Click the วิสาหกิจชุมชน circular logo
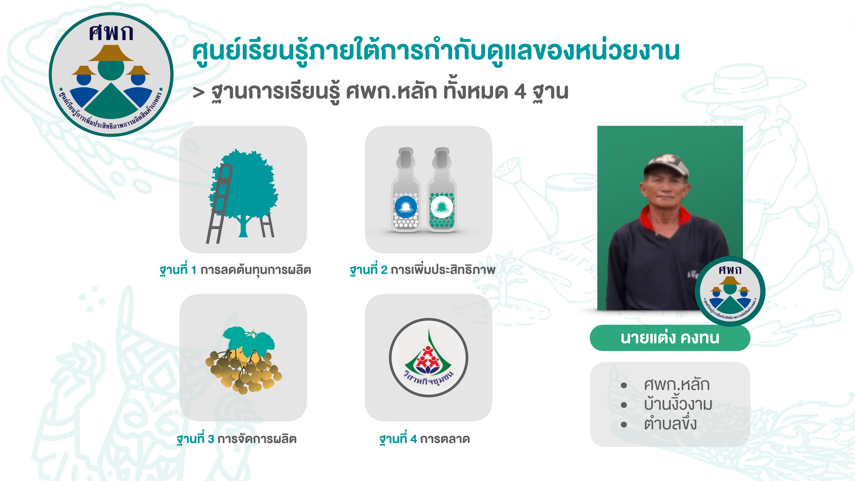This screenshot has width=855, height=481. click(x=428, y=358)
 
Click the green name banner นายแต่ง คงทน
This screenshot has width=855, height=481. click(x=670, y=338)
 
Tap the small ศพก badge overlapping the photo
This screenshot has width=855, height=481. click(x=730, y=291)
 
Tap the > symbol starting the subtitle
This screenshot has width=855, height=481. click(x=198, y=93)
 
